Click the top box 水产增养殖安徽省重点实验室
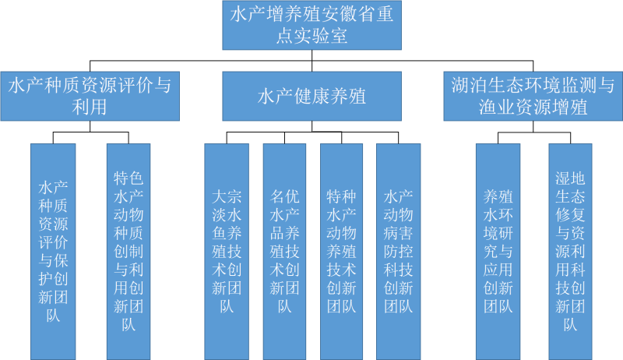tap(311, 24)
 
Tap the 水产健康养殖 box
tap(311, 96)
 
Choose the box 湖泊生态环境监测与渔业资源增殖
tap(533, 96)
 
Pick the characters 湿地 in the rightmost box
tap(571, 178)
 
